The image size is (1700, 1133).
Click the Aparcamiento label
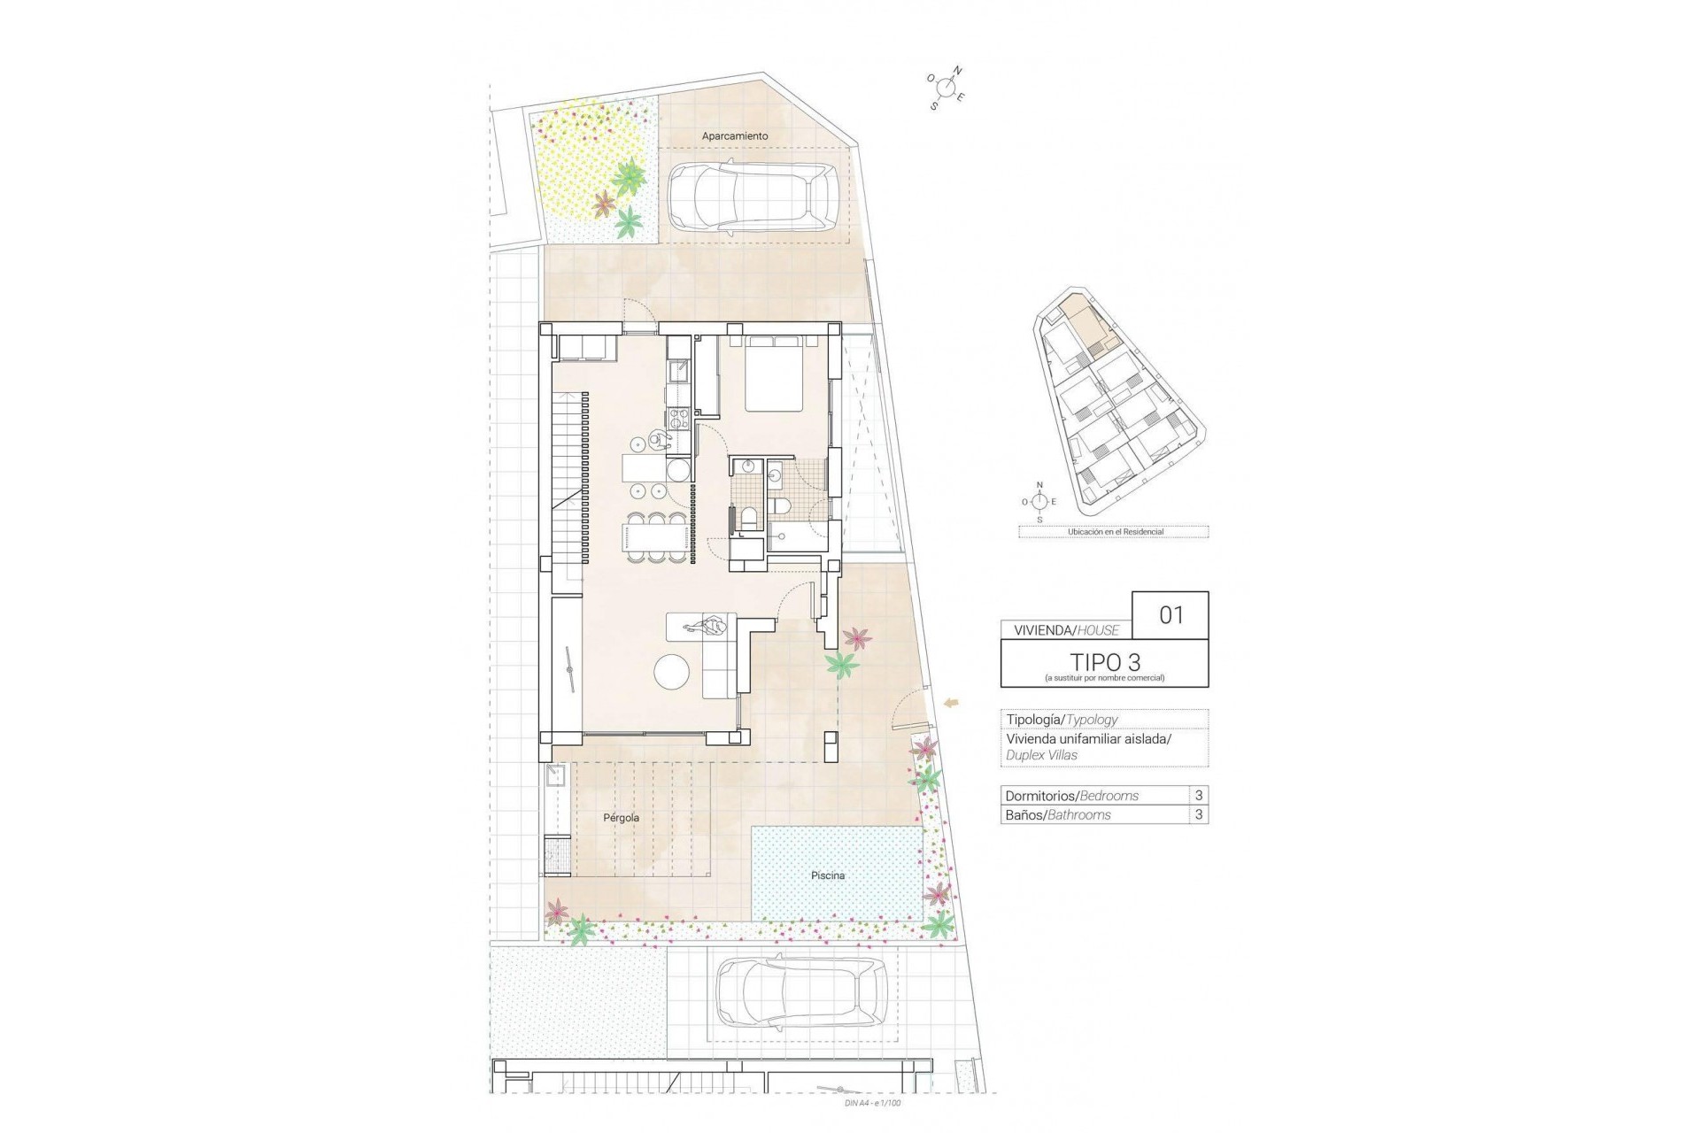click(734, 136)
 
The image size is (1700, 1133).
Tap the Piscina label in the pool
click(827, 875)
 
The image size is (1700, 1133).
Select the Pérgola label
click(621, 818)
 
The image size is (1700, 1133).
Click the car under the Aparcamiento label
click(752, 200)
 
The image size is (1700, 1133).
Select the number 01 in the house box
click(1171, 614)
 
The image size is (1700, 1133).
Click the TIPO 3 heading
click(1104, 661)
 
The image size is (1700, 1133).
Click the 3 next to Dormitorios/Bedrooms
click(1199, 795)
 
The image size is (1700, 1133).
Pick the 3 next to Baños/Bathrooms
click(1199, 814)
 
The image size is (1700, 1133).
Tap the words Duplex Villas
click(1041, 755)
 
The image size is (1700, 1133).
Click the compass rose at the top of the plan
click(947, 88)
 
